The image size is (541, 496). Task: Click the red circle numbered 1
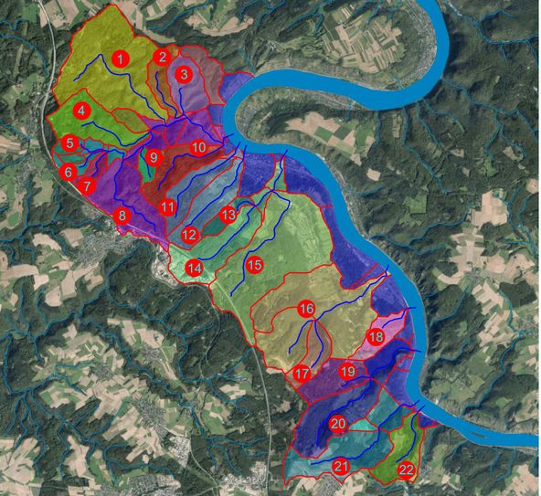click(x=119, y=59)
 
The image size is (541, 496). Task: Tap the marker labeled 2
click(x=162, y=57)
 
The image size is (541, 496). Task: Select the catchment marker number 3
click(x=184, y=74)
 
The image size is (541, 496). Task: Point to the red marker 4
click(x=82, y=111)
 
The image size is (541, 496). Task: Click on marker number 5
click(x=70, y=143)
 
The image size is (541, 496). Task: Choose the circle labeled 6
click(x=67, y=171)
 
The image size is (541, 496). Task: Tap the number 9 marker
click(x=154, y=157)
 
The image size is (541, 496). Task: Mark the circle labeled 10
click(x=198, y=147)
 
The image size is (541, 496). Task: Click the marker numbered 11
click(x=166, y=207)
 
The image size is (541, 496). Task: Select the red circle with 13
click(x=228, y=214)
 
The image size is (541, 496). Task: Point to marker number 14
click(x=195, y=269)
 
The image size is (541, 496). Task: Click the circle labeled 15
click(x=255, y=265)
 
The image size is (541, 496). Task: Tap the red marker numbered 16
click(x=307, y=309)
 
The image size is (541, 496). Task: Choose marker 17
click(x=302, y=374)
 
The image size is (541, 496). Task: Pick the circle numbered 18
click(x=375, y=337)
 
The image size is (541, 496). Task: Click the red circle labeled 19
click(x=347, y=371)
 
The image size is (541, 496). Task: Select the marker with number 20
click(x=338, y=424)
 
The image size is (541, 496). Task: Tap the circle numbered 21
click(x=341, y=467)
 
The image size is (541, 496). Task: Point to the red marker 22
click(x=407, y=470)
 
